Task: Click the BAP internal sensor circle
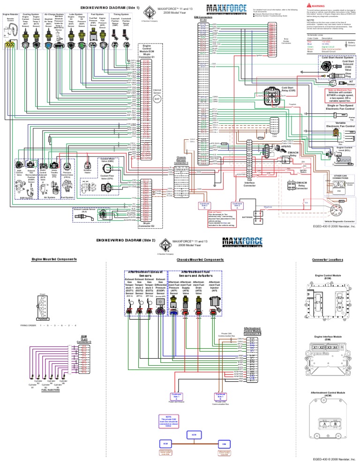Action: click(157, 99)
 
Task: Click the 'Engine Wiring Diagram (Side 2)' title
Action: click(125, 240)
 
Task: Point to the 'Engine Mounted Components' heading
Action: click(50, 259)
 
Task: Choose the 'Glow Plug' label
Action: click(348, 74)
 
